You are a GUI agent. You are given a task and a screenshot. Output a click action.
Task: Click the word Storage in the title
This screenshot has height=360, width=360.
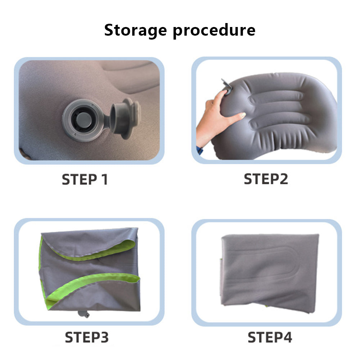[x=135, y=31]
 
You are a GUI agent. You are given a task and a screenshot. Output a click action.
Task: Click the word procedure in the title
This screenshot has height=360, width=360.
[x=214, y=31]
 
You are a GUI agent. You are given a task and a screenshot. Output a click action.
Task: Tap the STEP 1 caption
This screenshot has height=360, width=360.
[x=85, y=180]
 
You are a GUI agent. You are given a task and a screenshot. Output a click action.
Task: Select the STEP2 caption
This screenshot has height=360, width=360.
[x=266, y=179]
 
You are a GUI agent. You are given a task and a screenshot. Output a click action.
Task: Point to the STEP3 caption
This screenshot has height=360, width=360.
[x=86, y=337]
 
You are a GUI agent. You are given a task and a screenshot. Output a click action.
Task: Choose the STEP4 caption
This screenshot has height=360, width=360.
[x=270, y=337]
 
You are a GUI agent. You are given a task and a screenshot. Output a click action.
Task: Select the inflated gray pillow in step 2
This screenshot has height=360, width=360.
[x=275, y=116]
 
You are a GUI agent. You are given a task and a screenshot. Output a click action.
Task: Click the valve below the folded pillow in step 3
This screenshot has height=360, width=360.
[x=84, y=314]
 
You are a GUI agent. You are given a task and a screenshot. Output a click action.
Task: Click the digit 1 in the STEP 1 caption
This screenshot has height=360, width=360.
[x=105, y=180]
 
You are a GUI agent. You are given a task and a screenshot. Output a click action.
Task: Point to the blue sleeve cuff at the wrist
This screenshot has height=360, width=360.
[x=200, y=150]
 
